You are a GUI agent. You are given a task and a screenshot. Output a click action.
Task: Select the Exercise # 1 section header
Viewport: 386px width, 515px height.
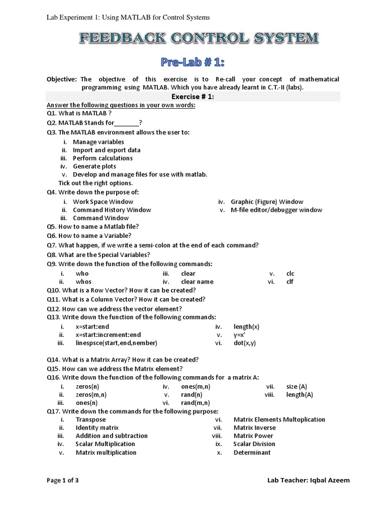[x=193, y=97]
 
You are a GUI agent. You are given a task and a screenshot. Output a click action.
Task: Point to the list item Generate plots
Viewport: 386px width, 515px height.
[x=94, y=166]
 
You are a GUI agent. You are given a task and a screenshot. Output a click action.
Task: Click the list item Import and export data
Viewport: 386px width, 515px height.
[x=107, y=150]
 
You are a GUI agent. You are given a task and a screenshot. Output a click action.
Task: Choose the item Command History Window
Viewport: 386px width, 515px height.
[x=112, y=210]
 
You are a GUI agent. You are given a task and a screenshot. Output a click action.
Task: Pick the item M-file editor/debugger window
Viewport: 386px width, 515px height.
[x=276, y=210]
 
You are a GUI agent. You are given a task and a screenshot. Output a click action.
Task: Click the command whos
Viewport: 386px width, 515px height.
[x=83, y=282]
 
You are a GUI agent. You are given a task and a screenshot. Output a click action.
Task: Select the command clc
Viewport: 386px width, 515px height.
[x=290, y=274]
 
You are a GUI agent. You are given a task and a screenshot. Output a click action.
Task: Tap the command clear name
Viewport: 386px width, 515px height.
[x=197, y=282]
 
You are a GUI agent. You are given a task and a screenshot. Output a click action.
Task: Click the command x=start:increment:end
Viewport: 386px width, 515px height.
[x=108, y=334]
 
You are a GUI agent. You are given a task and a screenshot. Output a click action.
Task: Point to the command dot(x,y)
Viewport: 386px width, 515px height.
[x=245, y=343]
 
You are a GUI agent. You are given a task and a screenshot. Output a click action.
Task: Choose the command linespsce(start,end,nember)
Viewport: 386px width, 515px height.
[x=116, y=343]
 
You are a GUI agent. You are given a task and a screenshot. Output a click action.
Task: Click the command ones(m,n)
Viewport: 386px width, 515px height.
[x=196, y=386]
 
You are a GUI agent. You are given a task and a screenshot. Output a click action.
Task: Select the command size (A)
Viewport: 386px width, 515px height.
[x=297, y=386]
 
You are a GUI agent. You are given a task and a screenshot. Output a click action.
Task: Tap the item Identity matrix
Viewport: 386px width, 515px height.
[x=97, y=427]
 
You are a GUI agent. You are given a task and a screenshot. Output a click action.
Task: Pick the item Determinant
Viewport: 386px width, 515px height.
[x=252, y=452]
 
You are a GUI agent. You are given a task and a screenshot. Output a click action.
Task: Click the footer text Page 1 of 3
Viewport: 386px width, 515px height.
[x=63, y=480]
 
